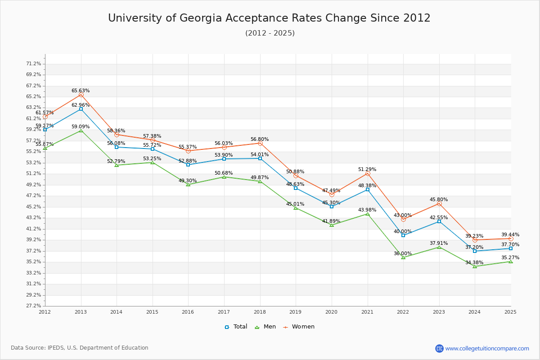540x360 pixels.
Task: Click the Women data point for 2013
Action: point(81,95)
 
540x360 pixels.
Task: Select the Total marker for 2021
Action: point(368,189)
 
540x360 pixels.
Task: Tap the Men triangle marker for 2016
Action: point(188,184)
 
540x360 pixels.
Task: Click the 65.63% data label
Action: point(81,91)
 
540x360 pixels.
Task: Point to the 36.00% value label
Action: point(403,254)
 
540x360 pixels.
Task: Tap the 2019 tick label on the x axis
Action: point(296,312)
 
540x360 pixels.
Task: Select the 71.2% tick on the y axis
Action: point(34,64)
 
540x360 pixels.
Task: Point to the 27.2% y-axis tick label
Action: point(34,306)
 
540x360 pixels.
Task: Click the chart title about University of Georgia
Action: point(269,18)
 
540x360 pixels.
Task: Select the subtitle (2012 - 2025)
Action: point(270,33)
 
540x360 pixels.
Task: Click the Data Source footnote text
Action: point(80,348)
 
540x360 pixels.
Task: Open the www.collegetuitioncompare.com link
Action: point(487,348)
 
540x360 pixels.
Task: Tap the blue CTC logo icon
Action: point(439,348)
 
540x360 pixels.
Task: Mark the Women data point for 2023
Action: point(439,204)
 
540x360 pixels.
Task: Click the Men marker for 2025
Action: point(511,261)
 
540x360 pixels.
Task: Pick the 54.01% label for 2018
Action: point(260,155)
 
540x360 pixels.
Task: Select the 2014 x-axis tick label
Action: point(117,312)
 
